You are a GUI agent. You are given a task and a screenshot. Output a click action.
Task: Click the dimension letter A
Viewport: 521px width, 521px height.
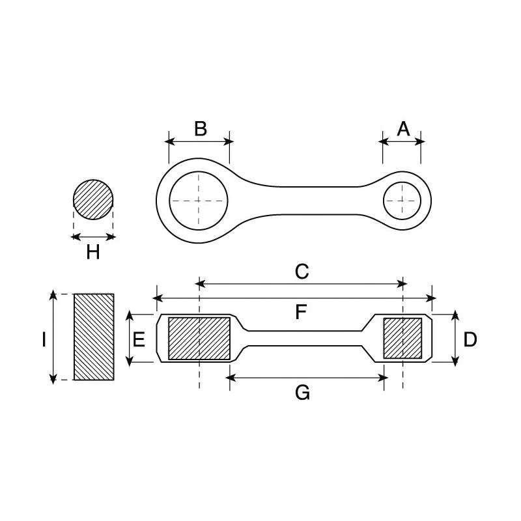[x=403, y=128]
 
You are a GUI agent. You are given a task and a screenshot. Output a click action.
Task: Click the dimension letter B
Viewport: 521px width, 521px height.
[x=200, y=128]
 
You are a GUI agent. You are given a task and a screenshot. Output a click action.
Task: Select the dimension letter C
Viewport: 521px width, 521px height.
[x=301, y=272]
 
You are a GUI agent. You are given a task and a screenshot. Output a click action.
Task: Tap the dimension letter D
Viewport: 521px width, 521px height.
[x=470, y=339]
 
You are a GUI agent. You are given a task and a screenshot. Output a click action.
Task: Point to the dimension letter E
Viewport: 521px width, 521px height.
[x=139, y=339]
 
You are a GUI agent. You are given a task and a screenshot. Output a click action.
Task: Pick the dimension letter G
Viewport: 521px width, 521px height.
[x=302, y=392]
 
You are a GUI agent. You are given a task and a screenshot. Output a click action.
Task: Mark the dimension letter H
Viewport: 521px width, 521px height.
[x=93, y=252]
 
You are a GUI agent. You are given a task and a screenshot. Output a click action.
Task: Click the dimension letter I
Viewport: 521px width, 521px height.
[x=42, y=339]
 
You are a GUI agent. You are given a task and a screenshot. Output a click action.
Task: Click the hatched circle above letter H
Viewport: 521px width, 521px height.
[x=93, y=200]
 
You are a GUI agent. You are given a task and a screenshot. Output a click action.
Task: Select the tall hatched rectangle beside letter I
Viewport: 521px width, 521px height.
[x=94, y=337]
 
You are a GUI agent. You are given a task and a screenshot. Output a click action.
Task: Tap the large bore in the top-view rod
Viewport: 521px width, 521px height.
[x=199, y=200]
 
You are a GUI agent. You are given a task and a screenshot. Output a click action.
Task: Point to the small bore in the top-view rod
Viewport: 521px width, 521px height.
[x=403, y=200]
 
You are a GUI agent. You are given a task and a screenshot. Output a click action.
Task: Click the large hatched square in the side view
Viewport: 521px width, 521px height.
[x=199, y=339]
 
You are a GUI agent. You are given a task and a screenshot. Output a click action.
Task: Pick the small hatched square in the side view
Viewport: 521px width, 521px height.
[x=403, y=339]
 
